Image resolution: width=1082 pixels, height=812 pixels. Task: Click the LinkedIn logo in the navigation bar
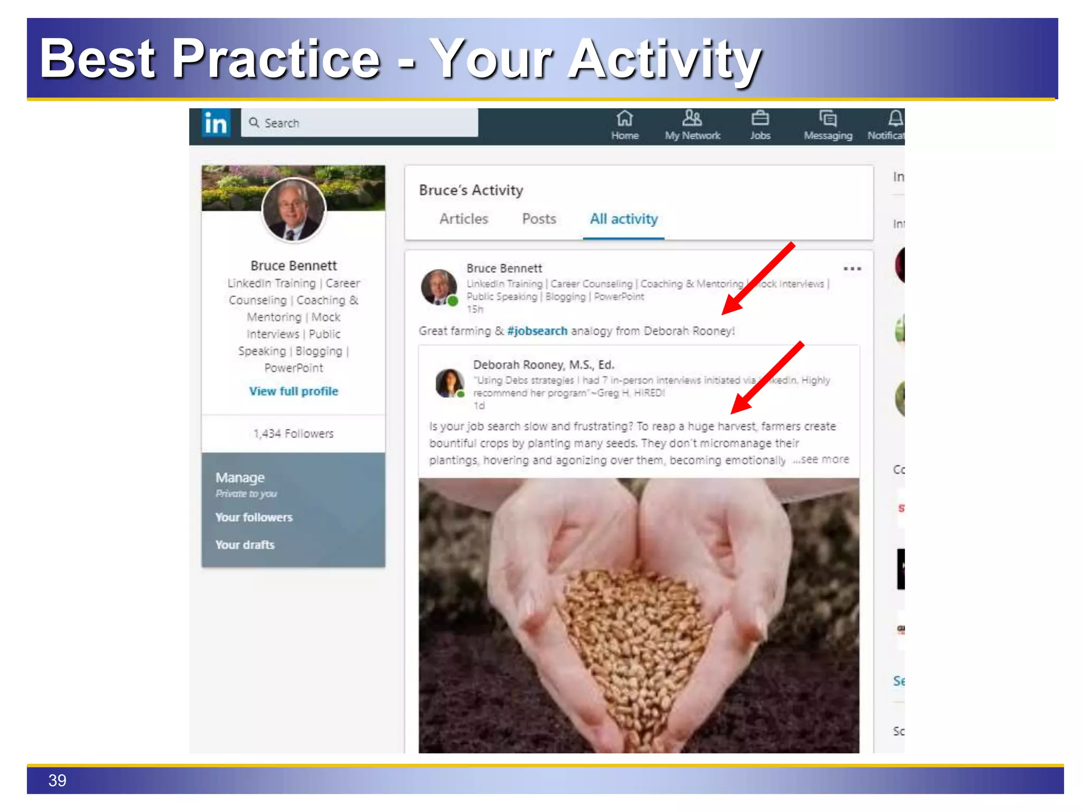click(216, 124)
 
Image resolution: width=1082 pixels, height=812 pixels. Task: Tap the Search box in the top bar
click(359, 123)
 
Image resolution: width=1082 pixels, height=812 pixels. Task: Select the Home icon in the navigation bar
click(624, 119)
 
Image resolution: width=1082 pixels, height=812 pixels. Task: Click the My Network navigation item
click(692, 126)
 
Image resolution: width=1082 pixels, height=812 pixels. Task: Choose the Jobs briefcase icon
click(760, 119)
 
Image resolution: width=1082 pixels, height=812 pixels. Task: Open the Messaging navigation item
click(828, 126)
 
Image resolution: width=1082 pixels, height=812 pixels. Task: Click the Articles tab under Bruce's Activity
click(464, 219)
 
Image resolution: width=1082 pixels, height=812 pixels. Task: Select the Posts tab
click(539, 219)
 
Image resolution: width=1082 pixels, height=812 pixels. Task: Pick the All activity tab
click(623, 219)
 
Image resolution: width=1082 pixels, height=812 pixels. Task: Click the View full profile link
click(294, 391)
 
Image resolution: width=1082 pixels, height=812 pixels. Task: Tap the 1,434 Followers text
click(294, 433)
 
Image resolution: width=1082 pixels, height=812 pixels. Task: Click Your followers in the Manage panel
click(254, 517)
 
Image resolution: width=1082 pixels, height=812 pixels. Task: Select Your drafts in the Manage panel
click(245, 545)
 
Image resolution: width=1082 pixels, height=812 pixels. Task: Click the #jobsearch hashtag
click(537, 331)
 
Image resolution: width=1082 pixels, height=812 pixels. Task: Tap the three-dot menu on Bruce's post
click(852, 269)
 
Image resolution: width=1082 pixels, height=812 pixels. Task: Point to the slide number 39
click(57, 780)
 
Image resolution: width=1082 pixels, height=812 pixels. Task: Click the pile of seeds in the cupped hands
click(634, 634)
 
